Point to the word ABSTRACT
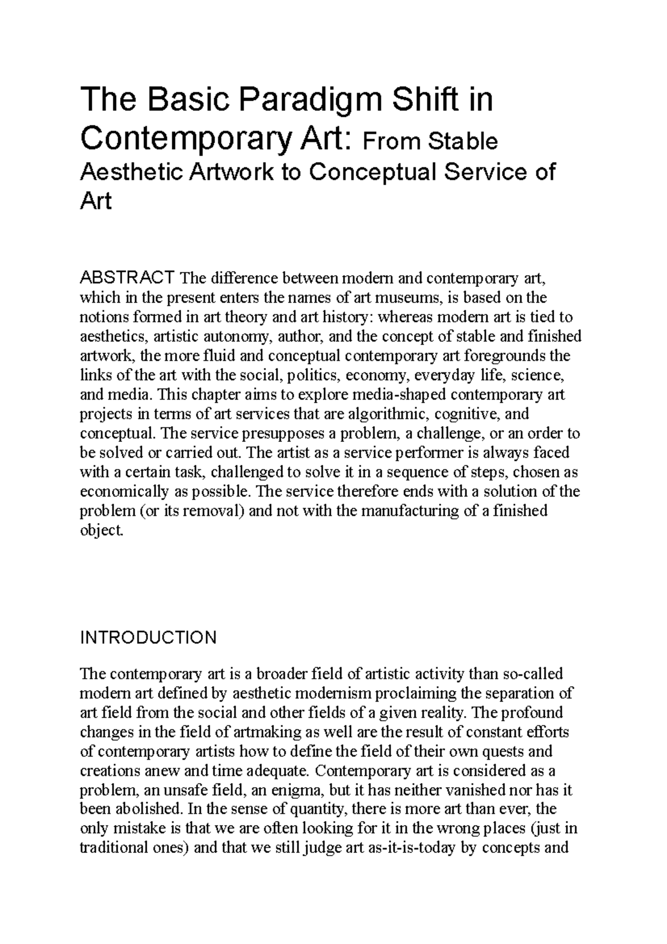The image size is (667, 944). (x=128, y=277)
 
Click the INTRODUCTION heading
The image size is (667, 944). (x=148, y=638)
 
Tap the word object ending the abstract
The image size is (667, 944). (x=101, y=530)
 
